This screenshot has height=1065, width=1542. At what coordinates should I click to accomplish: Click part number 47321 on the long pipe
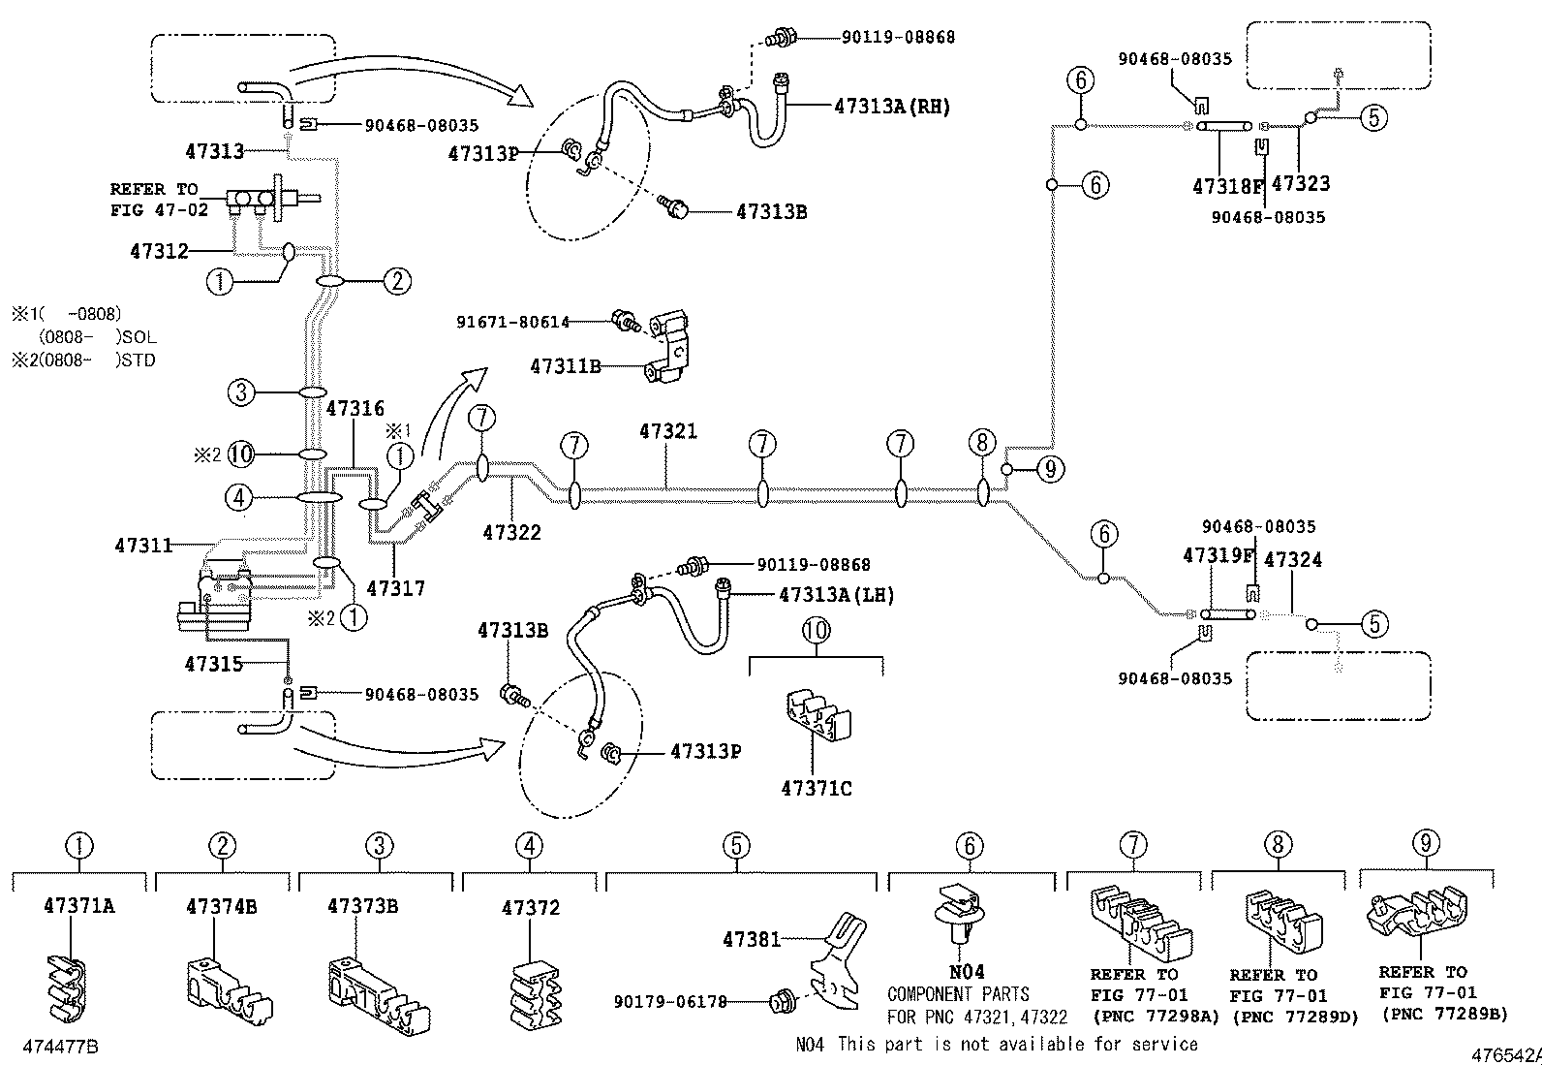point(667,431)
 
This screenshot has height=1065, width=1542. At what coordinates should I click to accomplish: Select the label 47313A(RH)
point(892,108)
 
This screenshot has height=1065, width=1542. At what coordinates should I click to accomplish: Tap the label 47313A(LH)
point(836,595)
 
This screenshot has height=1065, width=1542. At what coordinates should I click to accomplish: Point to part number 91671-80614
point(512,322)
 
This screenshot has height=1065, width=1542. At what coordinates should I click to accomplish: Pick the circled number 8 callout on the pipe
point(982,444)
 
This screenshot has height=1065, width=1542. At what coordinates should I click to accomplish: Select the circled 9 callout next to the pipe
point(1050,470)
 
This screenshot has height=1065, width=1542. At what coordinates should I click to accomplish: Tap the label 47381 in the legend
point(751,938)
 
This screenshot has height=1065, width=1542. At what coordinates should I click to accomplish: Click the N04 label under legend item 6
point(966,972)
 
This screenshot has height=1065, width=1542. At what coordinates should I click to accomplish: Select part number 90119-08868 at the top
point(898,37)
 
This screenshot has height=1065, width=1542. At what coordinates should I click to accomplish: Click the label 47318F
point(1228,186)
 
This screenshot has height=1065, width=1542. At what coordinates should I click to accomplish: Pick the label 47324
point(1293,559)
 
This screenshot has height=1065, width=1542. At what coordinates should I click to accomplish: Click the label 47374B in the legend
point(222,907)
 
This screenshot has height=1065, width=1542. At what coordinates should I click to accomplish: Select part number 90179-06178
point(670,1002)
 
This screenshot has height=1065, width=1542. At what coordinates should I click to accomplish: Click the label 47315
point(214,664)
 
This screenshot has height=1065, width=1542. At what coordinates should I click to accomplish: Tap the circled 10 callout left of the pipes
point(242,454)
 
